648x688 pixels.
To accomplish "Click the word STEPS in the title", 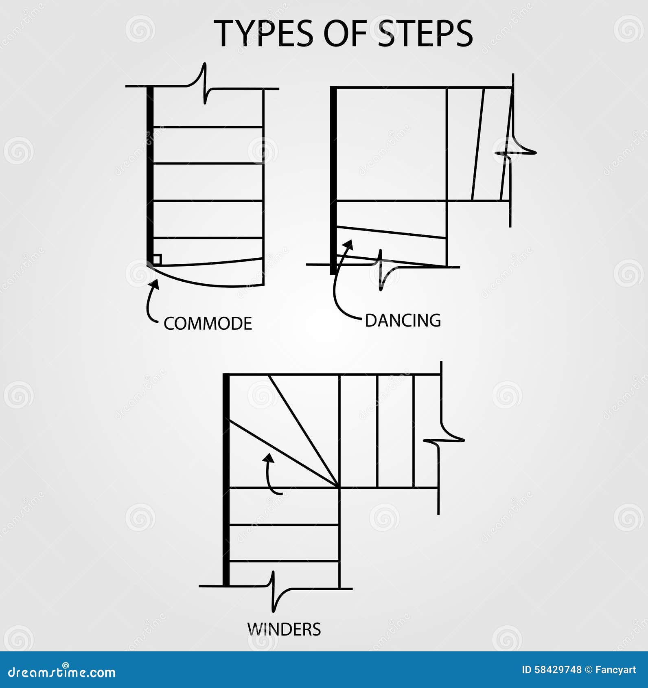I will [x=425, y=33].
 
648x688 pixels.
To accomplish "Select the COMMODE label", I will [x=208, y=324].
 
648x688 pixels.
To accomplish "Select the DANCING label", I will [x=403, y=321].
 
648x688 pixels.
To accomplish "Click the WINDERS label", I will [x=284, y=629].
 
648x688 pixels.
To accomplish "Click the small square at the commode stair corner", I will [x=157, y=259].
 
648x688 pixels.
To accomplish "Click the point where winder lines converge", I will [x=339, y=487].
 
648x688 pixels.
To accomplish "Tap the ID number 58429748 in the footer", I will [x=552, y=670].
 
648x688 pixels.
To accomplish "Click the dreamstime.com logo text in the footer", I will [x=62, y=672].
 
